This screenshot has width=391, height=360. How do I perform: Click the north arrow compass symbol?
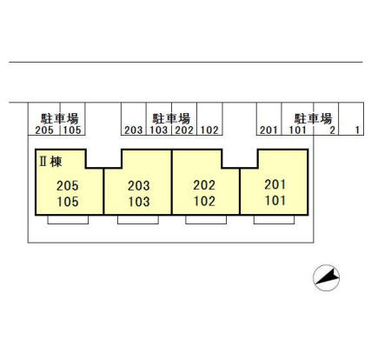tap(327, 277)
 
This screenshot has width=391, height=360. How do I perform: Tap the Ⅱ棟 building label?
tap(50, 162)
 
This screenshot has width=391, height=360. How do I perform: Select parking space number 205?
tap(44, 130)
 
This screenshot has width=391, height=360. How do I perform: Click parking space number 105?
tap(72, 130)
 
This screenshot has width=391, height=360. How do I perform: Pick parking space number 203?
tap(134, 130)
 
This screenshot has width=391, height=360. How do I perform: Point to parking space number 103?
tap(159, 130)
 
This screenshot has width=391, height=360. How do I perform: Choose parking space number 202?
tap(184, 130)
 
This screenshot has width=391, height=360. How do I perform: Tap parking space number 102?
tap(209, 130)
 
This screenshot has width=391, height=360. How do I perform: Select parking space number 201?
tap(268, 130)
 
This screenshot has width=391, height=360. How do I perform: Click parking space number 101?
tap(297, 130)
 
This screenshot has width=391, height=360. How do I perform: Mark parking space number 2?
tap(332, 130)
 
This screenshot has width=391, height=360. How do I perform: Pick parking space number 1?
tap(357, 130)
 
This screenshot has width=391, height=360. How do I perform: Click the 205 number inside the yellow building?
tap(68, 186)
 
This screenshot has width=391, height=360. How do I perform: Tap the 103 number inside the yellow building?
tap(139, 202)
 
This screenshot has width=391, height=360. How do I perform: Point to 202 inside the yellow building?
tap(204, 185)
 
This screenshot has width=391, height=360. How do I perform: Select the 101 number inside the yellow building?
tap(275, 201)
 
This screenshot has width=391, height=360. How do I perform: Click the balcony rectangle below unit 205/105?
tap(68, 220)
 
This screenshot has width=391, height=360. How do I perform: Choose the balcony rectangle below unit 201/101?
tap(275, 220)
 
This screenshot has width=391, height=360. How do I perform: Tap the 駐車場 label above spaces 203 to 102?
tap(171, 118)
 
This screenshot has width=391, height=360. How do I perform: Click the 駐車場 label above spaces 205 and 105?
tap(60, 118)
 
